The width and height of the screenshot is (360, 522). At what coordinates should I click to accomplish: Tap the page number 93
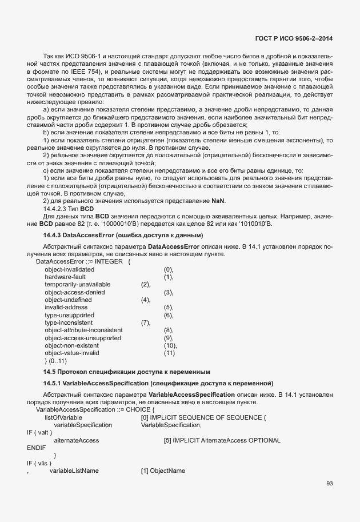pos(329,484)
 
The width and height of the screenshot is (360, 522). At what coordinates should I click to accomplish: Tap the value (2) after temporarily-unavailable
pos(146,284)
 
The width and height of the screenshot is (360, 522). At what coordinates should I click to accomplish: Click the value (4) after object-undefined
pos(146,300)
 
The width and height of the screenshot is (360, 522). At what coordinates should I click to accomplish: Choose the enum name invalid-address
pos(66,308)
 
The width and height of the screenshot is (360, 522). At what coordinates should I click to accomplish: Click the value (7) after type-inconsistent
pos(146,323)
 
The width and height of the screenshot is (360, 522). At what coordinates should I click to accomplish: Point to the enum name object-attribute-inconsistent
pos(83,330)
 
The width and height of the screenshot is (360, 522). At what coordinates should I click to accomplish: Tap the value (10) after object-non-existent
pos(170,346)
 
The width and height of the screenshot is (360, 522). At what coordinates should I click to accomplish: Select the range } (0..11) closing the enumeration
pos(56,361)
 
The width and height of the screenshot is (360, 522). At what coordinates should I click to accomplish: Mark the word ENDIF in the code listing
pos(35,448)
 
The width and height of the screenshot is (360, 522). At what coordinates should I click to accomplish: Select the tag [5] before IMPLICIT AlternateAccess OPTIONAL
pos(167,440)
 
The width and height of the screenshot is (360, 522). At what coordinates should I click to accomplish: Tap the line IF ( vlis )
pos(38,463)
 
